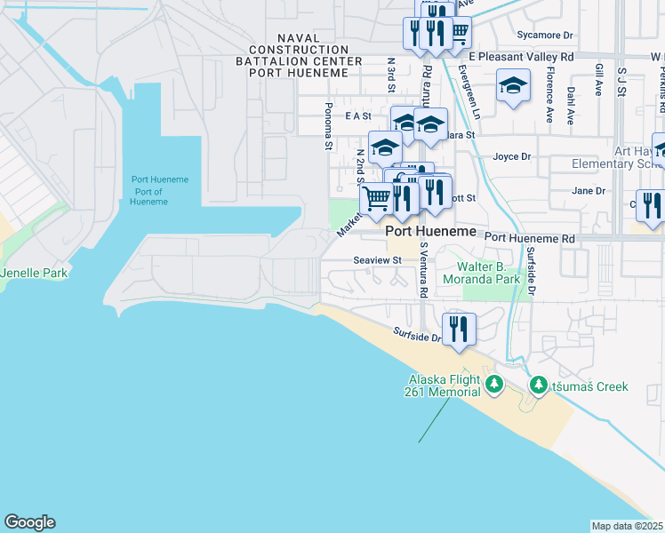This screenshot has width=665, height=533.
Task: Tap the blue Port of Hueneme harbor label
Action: pyautogui.click(x=160, y=190)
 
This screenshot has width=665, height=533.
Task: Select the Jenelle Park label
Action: pyautogui.click(x=34, y=273)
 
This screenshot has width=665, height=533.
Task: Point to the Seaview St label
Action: pyautogui.click(x=378, y=260)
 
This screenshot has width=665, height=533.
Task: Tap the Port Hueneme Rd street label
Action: pyautogui.click(x=530, y=238)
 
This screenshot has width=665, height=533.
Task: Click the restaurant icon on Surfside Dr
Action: pyautogui.click(x=459, y=330)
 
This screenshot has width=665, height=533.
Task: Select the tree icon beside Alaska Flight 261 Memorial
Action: pyautogui.click(x=493, y=386)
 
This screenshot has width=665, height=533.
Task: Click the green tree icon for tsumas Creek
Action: pyautogui.click(x=538, y=386)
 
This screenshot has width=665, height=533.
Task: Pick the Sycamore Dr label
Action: pyautogui.click(x=545, y=36)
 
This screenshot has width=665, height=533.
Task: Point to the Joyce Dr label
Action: pyautogui.click(x=512, y=156)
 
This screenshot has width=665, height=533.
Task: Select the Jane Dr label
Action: pyautogui.click(x=589, y=190)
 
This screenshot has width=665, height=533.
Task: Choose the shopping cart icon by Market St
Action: pyautogui.click(x=378, y=200)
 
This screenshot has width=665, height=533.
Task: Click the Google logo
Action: pyautogui.click(x=29, y=522)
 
